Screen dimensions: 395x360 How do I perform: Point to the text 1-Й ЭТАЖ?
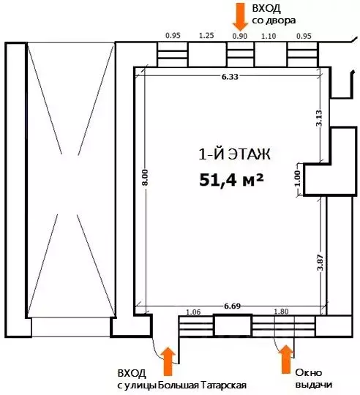[x=235, y=154]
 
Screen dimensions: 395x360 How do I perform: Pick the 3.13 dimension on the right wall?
[x=318, y=117]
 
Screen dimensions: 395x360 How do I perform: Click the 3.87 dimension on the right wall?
[x=318, y=261]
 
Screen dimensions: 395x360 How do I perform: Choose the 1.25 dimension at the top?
[x=206, y=34]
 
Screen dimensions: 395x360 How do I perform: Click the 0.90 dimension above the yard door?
[x=239, y=34]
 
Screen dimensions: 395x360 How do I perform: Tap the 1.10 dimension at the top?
[x=269, y=34]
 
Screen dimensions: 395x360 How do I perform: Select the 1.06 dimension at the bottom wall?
[x=195, y=311]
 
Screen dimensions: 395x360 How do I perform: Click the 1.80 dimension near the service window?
[x=282, y=311]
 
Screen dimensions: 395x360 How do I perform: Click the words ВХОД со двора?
[x=272, y=12]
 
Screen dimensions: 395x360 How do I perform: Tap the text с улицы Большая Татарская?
[x=181, y=385]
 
